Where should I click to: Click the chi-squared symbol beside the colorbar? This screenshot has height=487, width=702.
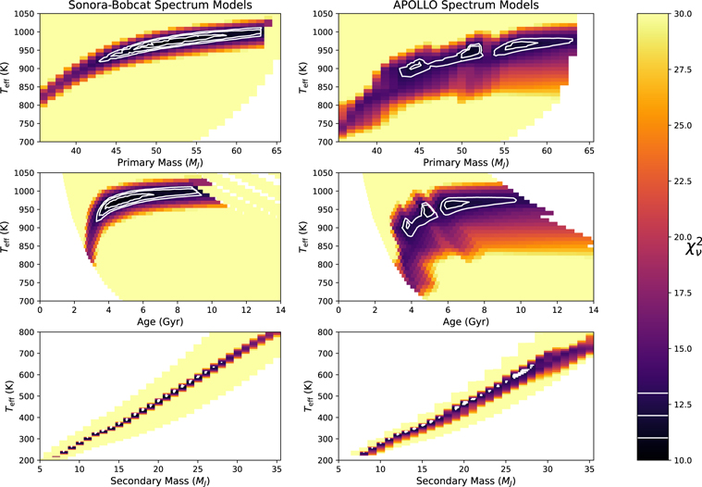click(x=693, y=250)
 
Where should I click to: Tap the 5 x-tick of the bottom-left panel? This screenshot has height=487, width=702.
click(x=40, y=468)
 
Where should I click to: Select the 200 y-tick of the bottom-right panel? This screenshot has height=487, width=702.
click(x=323, y=460)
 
